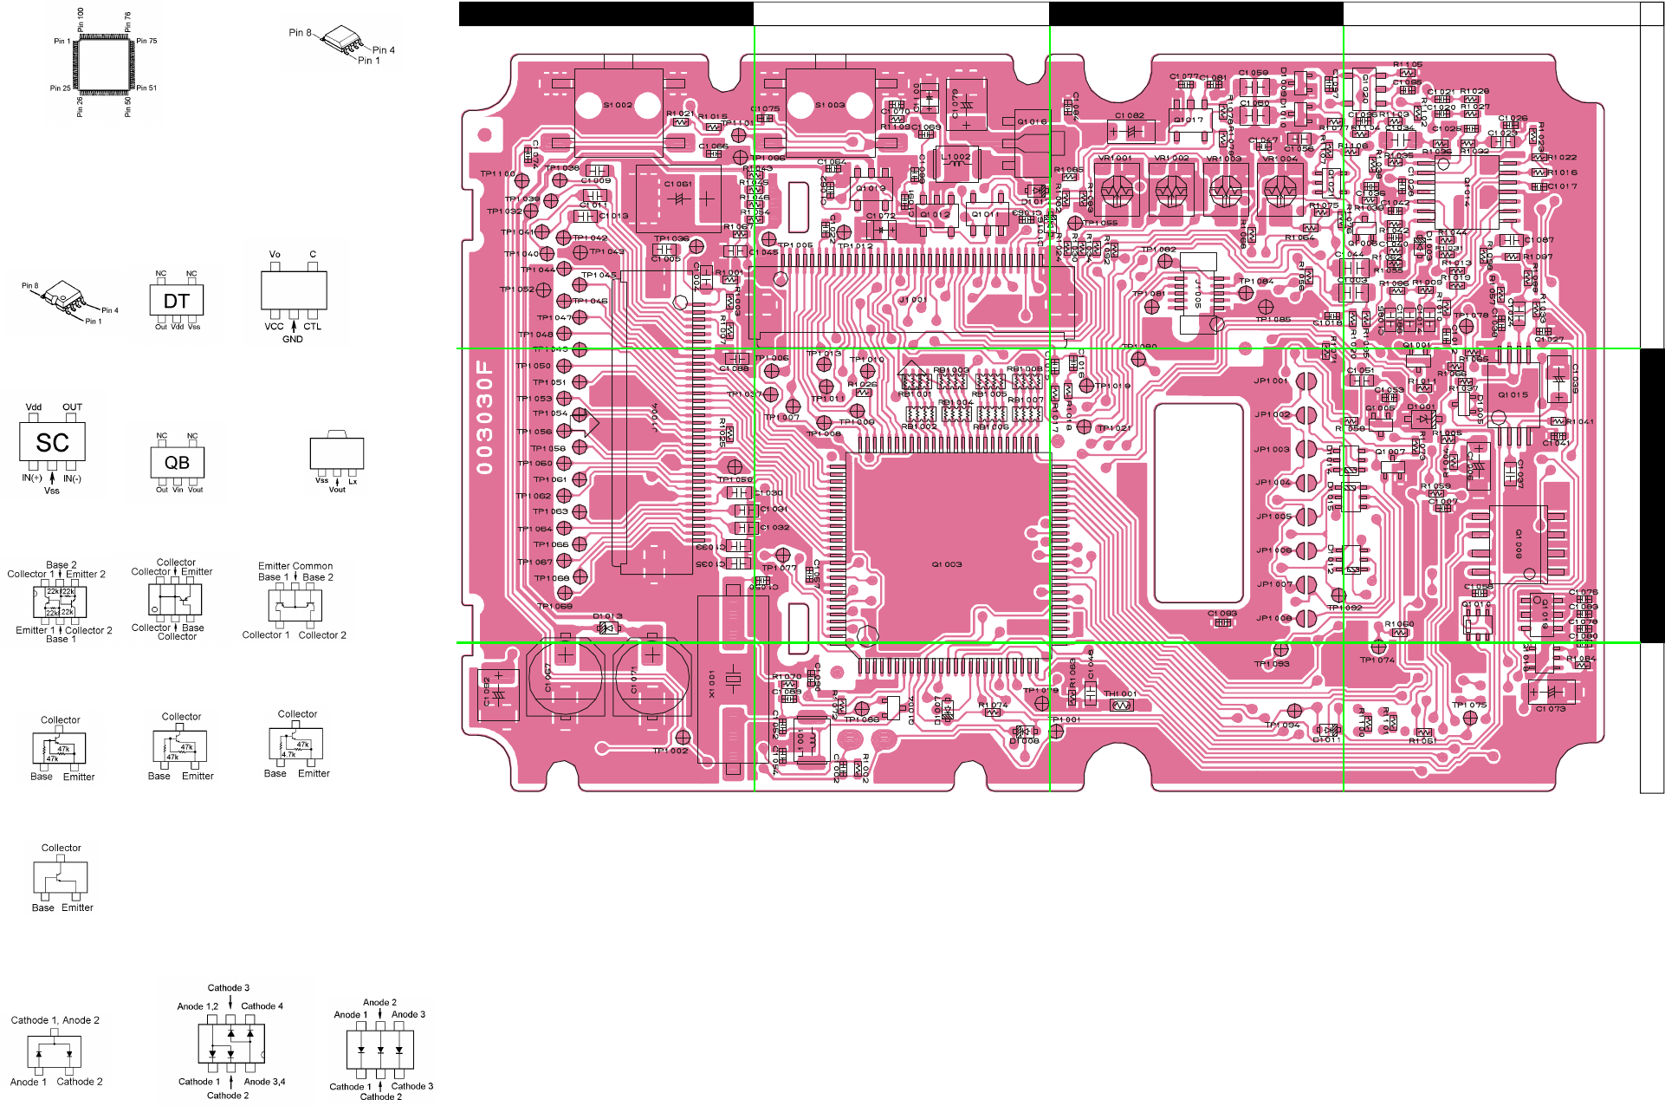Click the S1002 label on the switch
coord(618,105)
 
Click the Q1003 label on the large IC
coord(947,564)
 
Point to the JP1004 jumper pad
coord(1306,482)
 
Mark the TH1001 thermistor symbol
coord(1121,706)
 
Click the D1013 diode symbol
coord(608,628)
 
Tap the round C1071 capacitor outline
coord(652,677)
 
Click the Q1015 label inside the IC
coord(1513,394)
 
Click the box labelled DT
coord(177,301)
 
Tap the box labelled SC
coord(52,443)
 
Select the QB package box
coord(177,463)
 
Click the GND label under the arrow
coord(293,340)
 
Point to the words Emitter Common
coord(295,566)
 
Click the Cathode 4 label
coord(262,1006)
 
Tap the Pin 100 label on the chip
coord(81,19)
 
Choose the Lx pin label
coord(353,482)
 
